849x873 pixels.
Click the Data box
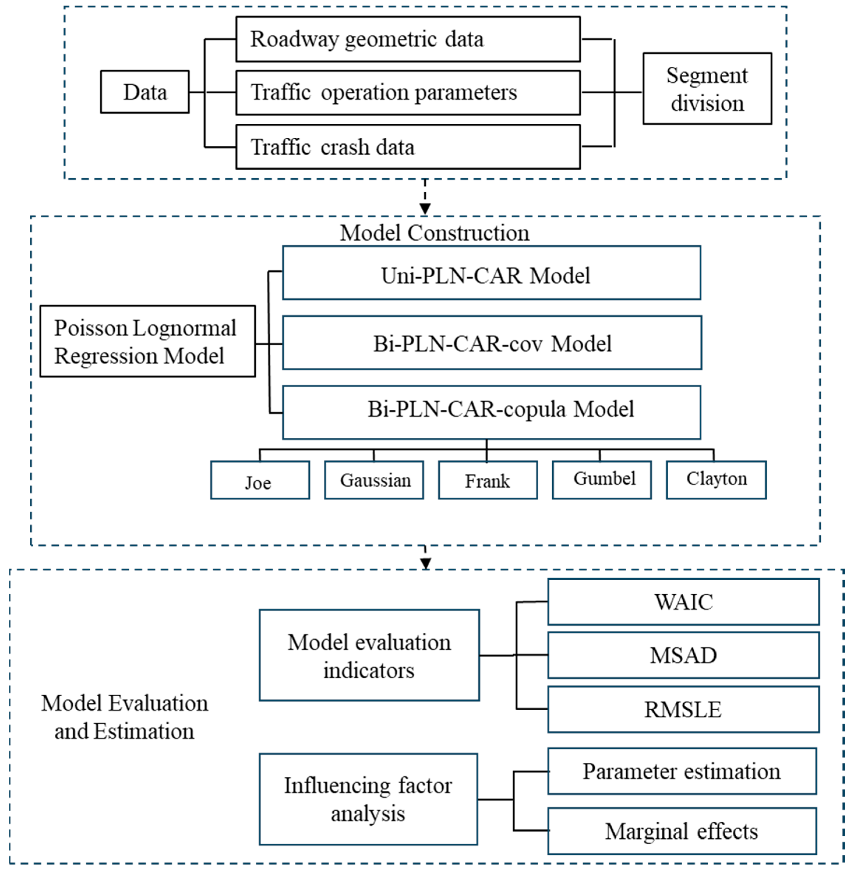tap(144, 92)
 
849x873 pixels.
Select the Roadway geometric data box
tap(408, 39)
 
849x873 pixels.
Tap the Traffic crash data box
tap(408, 147)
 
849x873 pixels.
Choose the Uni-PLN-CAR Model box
tap(491, 273)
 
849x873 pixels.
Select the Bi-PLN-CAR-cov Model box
tap(492, 343)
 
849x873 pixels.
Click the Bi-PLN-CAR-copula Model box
tap(491, 412)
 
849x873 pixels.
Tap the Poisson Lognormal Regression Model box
tap(148, 341)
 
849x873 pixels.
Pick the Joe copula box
tap(260, 480)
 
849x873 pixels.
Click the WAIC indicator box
tap(683, 601)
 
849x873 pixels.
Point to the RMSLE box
tap(683, 709)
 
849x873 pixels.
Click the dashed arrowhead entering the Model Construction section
tap(425, 209)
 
